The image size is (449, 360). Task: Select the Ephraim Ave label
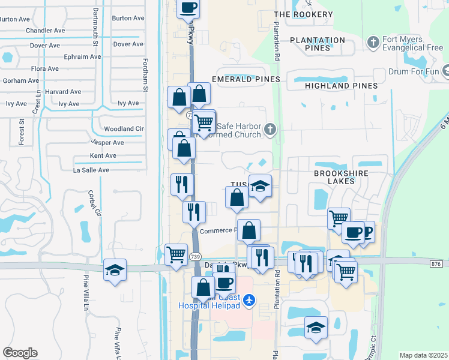83,57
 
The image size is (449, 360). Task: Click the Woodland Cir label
124,128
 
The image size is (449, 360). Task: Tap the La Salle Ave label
91,170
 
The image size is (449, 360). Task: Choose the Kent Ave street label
102,155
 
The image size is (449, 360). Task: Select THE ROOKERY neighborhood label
303,14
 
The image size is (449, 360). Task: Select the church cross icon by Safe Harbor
271,128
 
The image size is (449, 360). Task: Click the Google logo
20,353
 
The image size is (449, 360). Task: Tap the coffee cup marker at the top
188,7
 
